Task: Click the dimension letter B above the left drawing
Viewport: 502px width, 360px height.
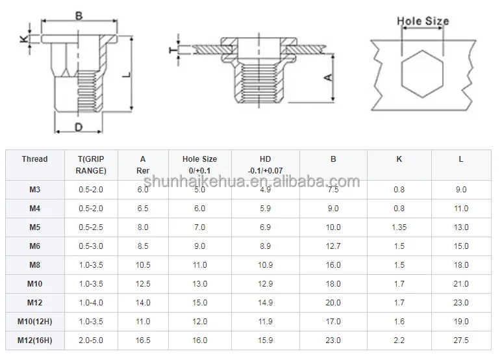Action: (79, 16)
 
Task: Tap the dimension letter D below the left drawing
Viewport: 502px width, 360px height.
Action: (79, 127)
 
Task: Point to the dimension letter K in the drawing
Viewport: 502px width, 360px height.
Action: (24, 39)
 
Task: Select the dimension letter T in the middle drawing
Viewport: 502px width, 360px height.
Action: (173, 50)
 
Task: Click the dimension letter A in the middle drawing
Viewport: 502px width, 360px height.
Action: (329, 77)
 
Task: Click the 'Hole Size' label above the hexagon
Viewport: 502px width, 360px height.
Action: (423, 21)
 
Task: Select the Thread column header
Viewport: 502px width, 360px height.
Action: (34, 159)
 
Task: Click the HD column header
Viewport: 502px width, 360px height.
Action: (266, 159)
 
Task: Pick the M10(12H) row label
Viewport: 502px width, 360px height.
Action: (34, 321)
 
